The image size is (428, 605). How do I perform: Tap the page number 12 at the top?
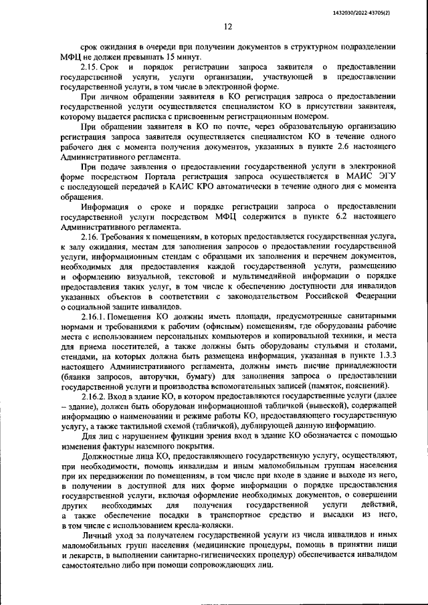point(227,27)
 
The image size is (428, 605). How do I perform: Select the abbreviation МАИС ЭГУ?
point(366,178)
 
